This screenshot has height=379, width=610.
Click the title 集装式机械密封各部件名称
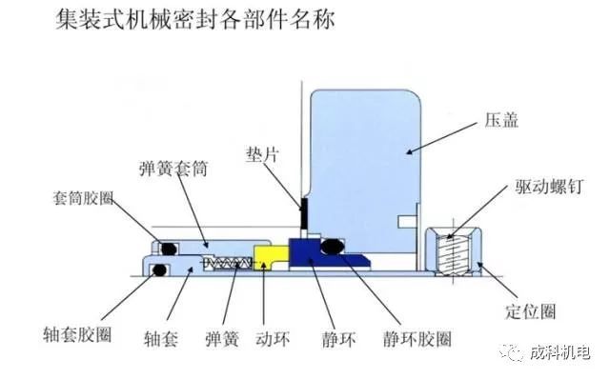194,20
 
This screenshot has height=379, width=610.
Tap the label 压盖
501,120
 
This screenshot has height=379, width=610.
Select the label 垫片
262,154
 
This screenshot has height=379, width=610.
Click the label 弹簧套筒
173,169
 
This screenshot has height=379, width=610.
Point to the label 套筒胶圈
83,198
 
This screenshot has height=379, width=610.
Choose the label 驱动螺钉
549,187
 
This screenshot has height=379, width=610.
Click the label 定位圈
531,311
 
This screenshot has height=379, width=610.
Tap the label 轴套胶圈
77,334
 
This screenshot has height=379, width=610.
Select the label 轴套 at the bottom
161,339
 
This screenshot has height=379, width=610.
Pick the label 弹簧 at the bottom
222,339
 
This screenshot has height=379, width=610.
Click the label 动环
273,339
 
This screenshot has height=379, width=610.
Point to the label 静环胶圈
417,339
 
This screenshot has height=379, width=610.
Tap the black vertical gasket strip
304,214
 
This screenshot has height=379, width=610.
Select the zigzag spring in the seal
228,263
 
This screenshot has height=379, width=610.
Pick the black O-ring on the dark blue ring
333,246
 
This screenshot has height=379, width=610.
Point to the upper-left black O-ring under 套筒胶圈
170,249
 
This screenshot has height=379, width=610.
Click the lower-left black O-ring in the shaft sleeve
160,269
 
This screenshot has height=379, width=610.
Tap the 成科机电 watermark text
559,352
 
